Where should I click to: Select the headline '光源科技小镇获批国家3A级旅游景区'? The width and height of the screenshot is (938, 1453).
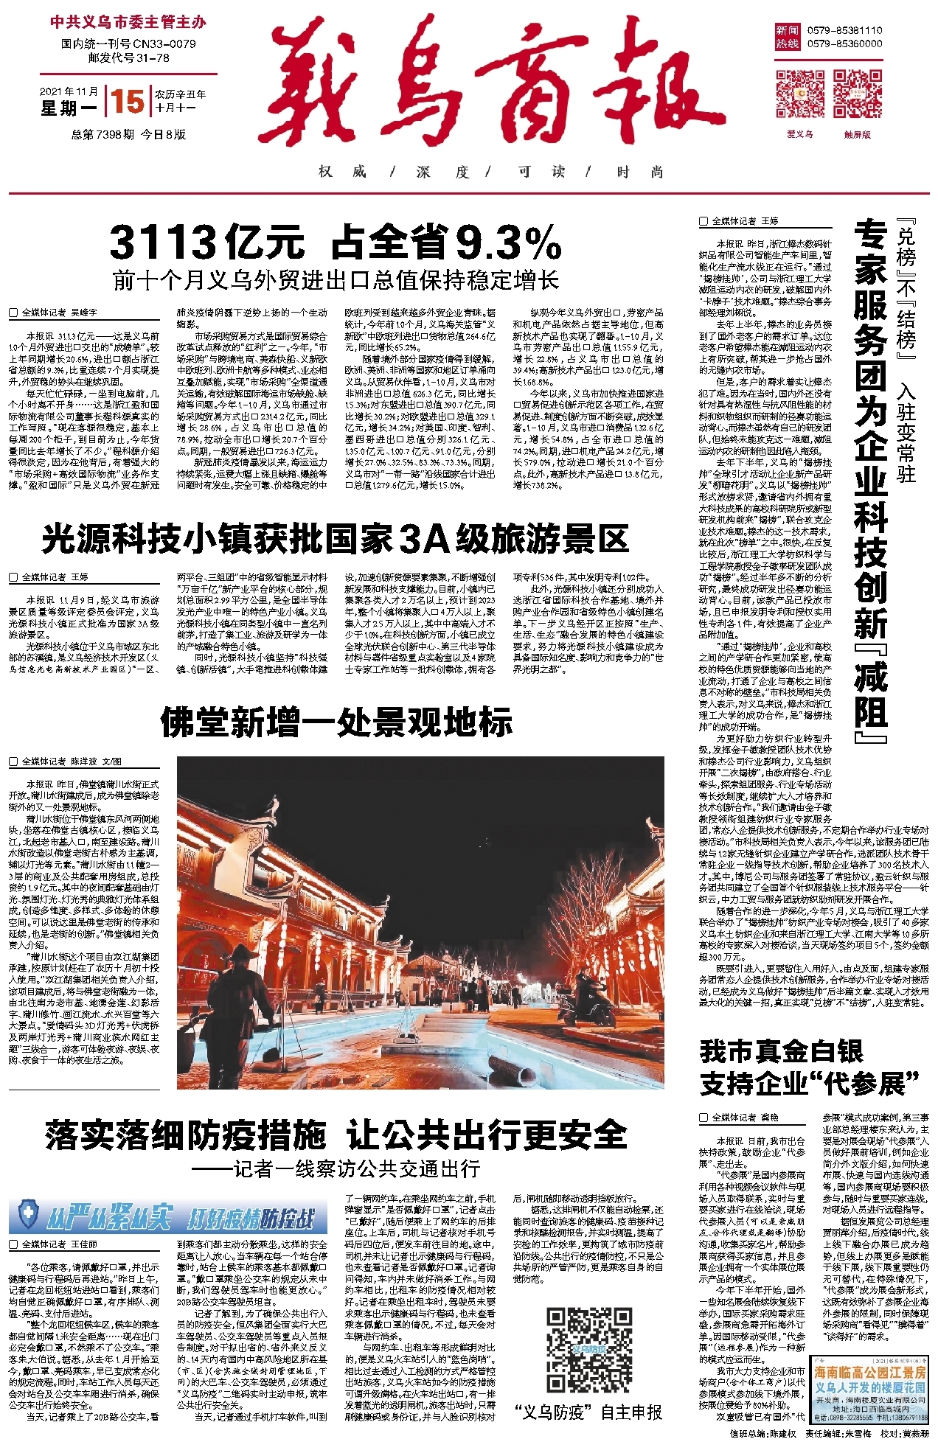coord(335,539)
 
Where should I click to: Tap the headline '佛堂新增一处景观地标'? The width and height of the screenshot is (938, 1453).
coord(336,722)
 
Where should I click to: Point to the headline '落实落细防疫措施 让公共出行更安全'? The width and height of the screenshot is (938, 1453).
coord(336,1135)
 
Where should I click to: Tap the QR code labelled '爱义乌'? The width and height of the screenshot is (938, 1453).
coord(799,94)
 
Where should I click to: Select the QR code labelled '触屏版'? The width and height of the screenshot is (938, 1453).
coord(858,94)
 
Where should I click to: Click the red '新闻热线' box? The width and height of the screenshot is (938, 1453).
coord(787,37)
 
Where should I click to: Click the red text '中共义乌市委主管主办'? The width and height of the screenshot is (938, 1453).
coord(128,22)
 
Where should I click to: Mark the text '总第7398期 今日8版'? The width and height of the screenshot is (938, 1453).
coord(128,134)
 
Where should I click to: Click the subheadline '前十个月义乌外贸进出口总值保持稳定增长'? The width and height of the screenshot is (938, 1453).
coord(336,281)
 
